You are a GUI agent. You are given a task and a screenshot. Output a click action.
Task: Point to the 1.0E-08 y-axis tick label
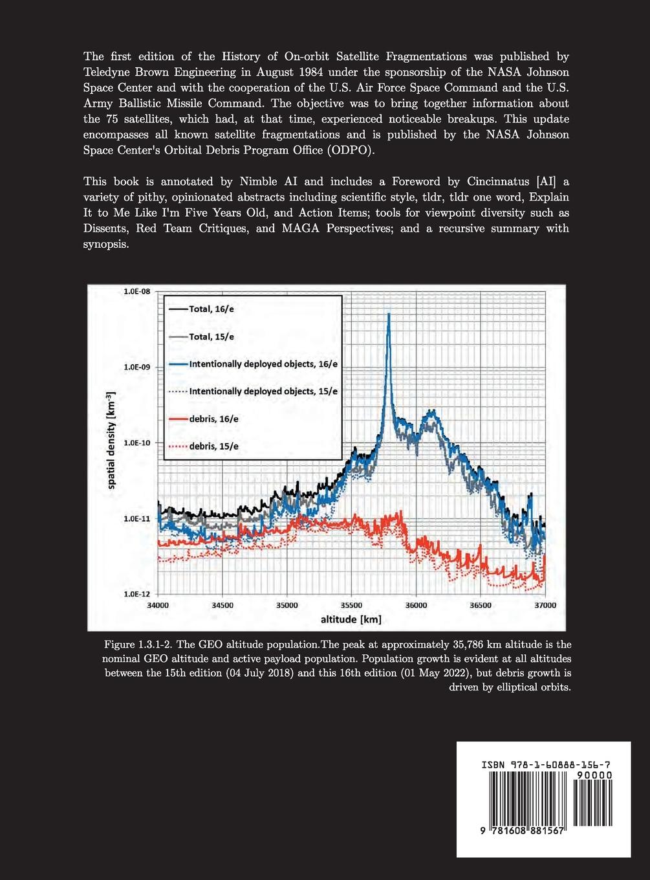[x=136, y=291]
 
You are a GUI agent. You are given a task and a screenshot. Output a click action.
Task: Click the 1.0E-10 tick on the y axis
[x=136, y=443]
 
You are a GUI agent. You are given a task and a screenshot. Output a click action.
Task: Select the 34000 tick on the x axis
[x=158, y=606]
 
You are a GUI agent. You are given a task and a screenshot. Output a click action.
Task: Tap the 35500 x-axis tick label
[x=351, y=606]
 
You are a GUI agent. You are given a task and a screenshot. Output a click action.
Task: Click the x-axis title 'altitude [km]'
[x=351, y=620]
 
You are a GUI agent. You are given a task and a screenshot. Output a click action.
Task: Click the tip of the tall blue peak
[x=389, y=314]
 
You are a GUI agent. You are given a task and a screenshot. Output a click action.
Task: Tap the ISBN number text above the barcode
[x=546, y=765]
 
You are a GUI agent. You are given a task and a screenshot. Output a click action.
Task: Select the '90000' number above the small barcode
[x=594, y=775]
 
